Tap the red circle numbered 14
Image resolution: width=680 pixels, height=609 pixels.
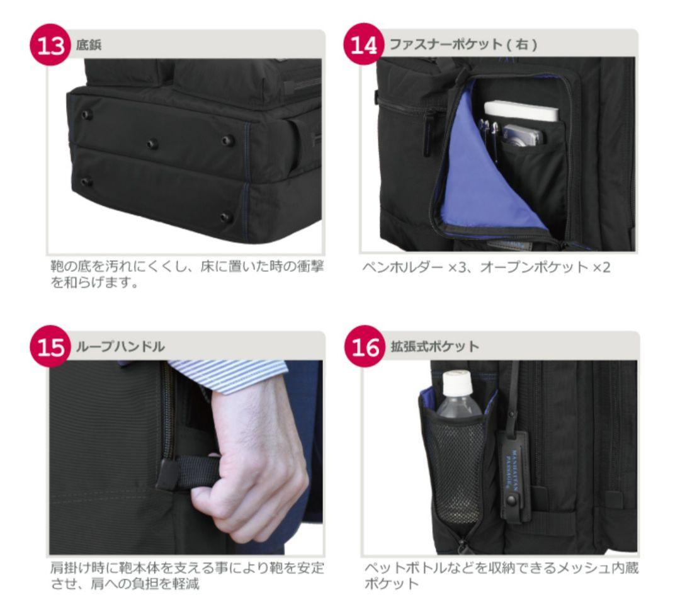click(x=365, y=46)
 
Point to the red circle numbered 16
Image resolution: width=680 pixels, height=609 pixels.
click(x=365, y=347)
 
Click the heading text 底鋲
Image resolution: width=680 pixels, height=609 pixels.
click(x=87, y=46)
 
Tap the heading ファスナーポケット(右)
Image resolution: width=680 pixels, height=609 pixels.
click(x=463, y=46)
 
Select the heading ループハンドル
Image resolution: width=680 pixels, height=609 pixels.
click(x=120, y=347)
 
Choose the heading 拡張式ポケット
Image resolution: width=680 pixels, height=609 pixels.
click(x=434, y=347)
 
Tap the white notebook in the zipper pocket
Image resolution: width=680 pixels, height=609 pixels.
click(x=521, y=112)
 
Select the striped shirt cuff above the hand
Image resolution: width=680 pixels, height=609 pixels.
click(x=233, y=374)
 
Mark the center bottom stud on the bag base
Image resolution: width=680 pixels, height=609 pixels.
click(x=152, y=144)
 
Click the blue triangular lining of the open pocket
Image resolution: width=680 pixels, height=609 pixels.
click(x=479, y=183)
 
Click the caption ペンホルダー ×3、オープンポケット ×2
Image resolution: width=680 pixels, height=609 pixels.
click(x=486, y=267)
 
